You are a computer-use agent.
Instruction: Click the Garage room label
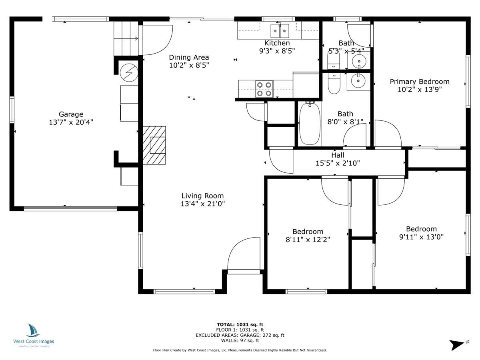click(71, 114)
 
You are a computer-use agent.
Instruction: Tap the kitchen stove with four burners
click(264, 89)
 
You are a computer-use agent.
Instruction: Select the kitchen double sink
click(280, 30)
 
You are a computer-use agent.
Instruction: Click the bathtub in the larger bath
click(310, 124)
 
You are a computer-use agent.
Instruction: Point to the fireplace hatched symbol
click(154, 145)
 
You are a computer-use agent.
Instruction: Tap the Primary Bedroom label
click(420, 82)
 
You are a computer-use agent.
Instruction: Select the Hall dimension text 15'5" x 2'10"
click(338, 163)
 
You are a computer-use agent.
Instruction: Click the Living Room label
click(202, 196)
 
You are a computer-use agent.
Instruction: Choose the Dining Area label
click(189, 57)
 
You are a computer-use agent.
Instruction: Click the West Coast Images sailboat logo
click(34, 330)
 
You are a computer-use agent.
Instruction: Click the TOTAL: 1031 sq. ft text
click(240, 324)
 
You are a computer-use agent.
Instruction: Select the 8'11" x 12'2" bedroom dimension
click(308, 239)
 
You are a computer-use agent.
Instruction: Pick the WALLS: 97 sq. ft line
click(240, 341)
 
